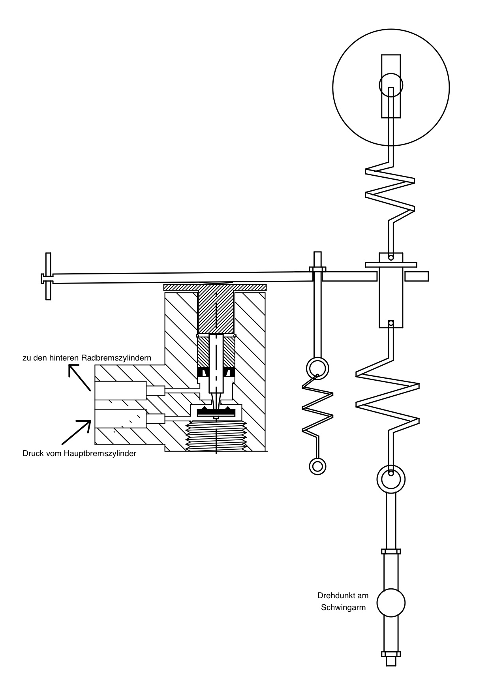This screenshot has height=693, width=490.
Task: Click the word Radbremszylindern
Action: (x=116, y=358)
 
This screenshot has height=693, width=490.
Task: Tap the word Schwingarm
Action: (x=343, y=608)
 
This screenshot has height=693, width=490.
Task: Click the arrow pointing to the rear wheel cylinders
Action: (x=80, y=377)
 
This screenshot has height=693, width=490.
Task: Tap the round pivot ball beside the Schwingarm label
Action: (x=391, y=603)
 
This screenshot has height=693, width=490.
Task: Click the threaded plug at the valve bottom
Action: (x=216, y=436)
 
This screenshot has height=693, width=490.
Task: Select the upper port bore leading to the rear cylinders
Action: (x=120, y=391)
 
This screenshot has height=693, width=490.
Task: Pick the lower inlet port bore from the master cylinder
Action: (x=120, y=419)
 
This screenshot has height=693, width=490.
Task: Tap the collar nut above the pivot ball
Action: (x=391, y=551)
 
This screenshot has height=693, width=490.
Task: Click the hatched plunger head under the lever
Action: (x=216, y=308)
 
